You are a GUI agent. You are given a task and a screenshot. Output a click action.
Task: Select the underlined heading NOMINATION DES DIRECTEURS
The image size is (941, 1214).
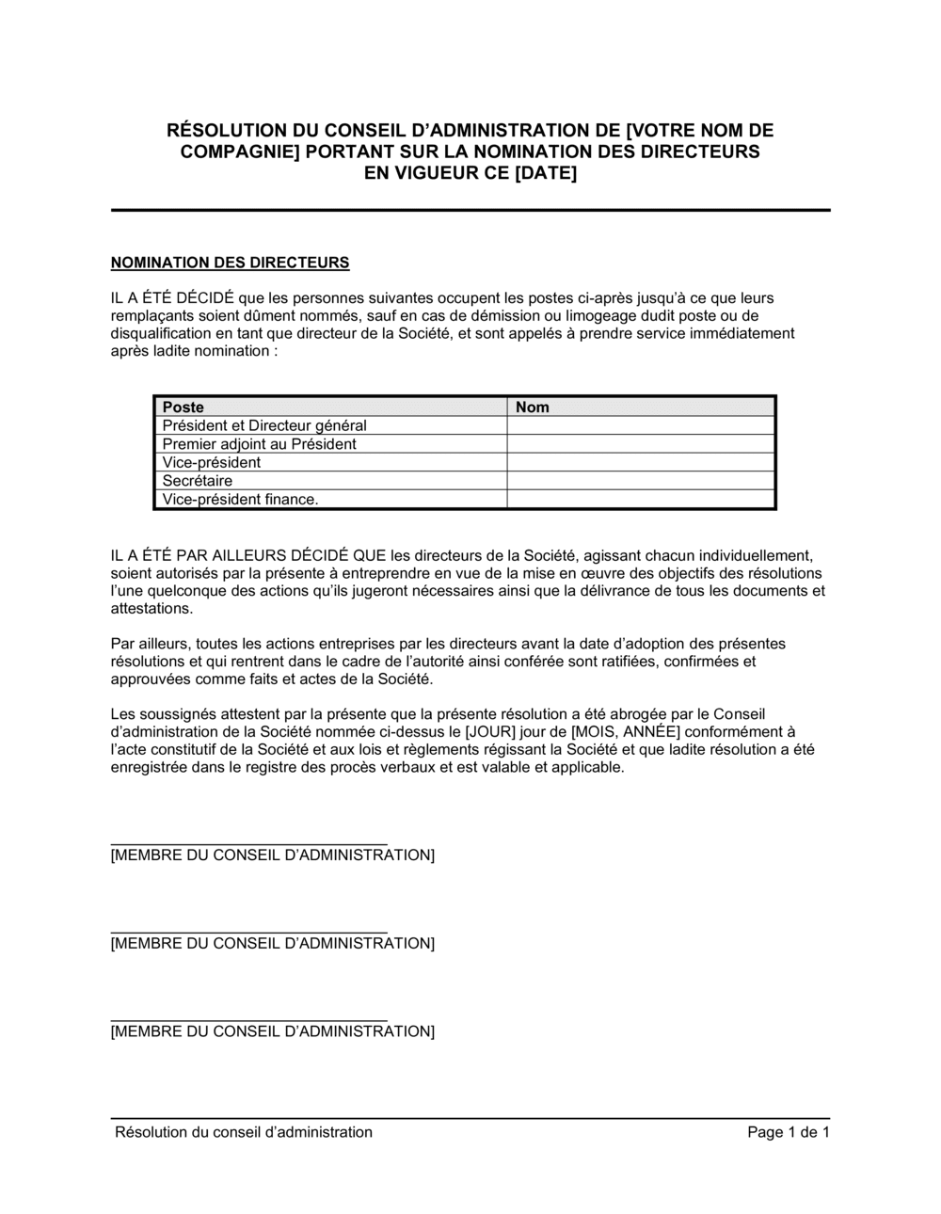click(231, 263)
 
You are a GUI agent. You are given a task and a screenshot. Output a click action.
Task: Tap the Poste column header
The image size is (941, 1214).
click(183, 407)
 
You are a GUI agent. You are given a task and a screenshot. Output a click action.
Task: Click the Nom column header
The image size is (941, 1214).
click(533, 407)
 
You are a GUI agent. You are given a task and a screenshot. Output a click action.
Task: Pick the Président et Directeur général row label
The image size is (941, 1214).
click(264, 425)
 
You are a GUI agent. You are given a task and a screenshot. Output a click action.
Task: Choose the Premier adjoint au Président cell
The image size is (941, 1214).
click(260, 444)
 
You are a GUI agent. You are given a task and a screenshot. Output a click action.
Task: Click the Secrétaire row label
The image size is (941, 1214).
click(198, 481)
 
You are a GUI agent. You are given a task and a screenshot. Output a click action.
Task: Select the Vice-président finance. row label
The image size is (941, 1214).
click(241, 499)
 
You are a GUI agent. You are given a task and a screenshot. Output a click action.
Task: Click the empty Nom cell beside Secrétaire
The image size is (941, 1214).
click(641, 481)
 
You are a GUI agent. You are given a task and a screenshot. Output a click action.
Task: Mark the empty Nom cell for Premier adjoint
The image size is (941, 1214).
click(641, 444)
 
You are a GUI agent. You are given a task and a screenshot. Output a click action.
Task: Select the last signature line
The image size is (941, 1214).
click(248, 1020)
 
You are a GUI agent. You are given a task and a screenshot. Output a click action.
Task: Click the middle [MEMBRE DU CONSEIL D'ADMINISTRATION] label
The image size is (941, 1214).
click(273, 944)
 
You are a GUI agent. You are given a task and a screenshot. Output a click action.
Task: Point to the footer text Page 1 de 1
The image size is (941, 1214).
click(788, 1132)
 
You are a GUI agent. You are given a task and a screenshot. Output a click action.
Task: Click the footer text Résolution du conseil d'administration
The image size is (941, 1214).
click(244, 1132)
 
